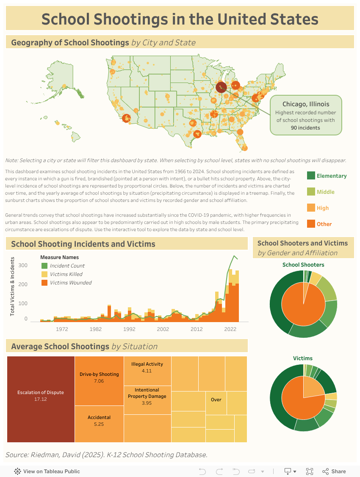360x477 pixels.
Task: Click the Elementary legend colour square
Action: click(311, 176)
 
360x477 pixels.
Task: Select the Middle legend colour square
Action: click(311, 192)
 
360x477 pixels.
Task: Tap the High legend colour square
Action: click(311, 208)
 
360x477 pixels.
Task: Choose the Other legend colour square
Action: click(311, 224)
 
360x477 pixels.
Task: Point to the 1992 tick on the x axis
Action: click(129, 329)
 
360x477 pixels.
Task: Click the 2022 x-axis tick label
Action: click(230, 329)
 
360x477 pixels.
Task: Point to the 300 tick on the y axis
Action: click(23, 265)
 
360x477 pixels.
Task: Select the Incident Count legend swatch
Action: click(44, 266)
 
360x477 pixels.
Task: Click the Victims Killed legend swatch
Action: click(44, 274)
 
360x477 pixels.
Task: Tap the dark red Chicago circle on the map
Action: click(221, 87)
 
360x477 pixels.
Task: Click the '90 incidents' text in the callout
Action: click(305, 127)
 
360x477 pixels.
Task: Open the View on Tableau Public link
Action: click(47, 471)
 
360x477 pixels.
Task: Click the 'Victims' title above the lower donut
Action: click(303, 358)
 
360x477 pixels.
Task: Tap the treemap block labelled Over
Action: click(216, 400)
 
